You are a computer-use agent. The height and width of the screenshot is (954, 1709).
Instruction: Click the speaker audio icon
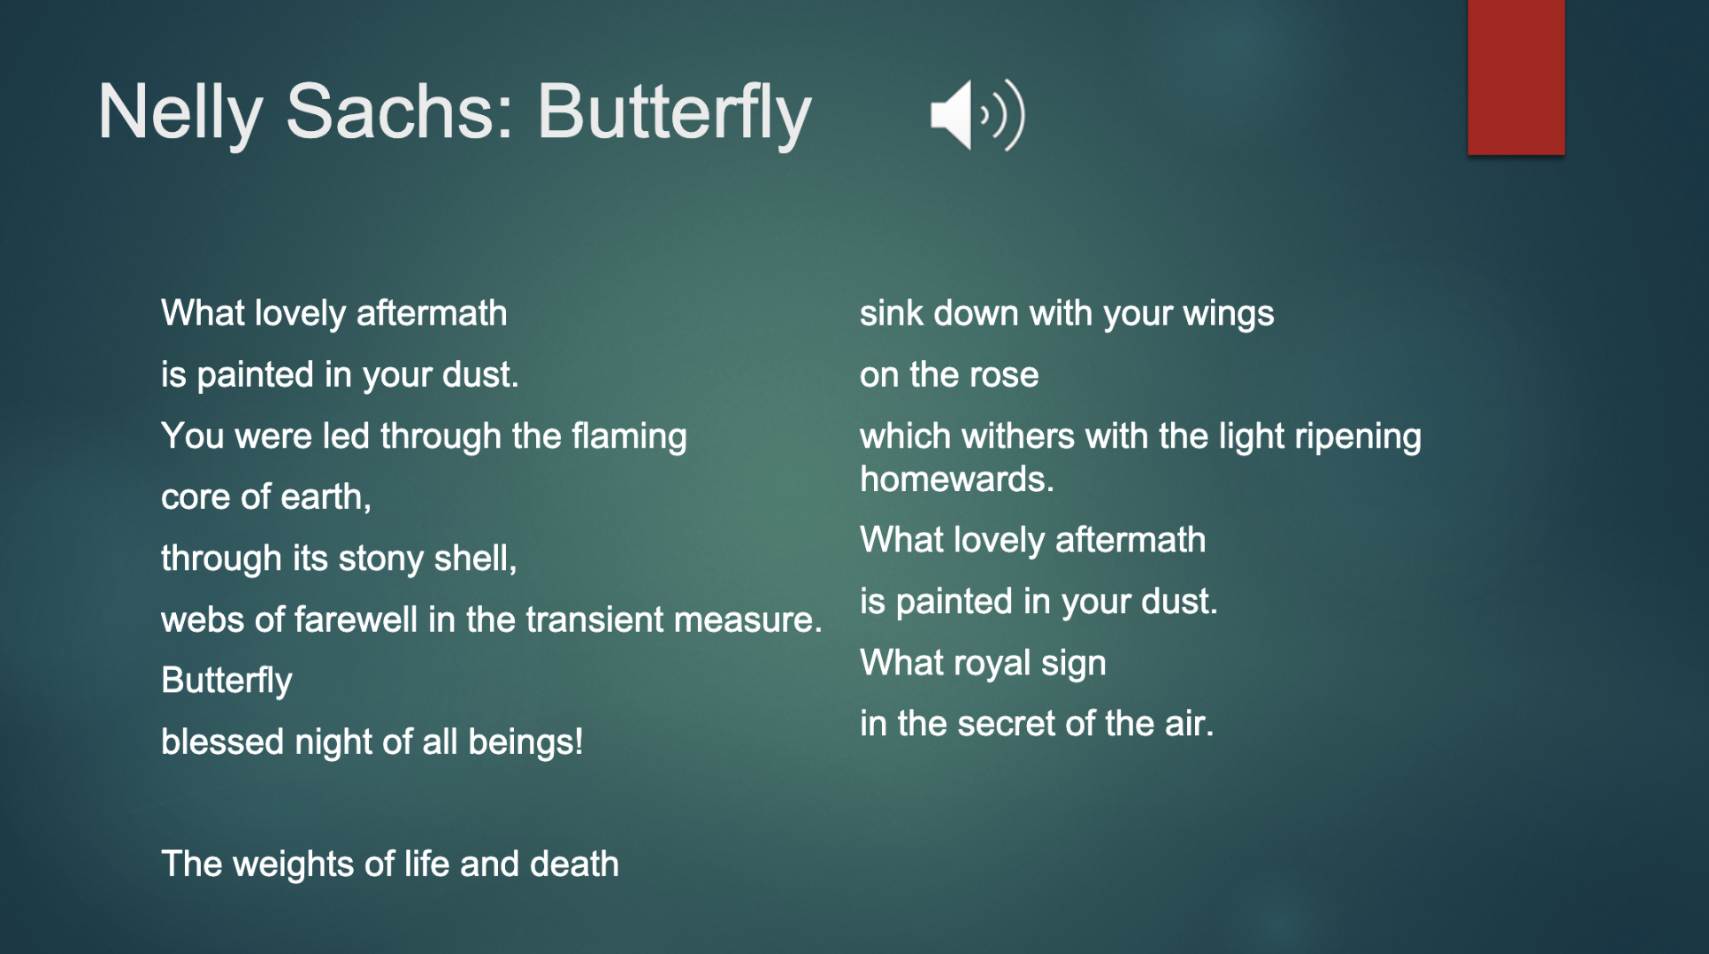(977, 115)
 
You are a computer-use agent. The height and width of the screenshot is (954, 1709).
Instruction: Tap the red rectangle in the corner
(1516, 77)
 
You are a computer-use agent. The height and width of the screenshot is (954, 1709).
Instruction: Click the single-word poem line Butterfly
(226, 681)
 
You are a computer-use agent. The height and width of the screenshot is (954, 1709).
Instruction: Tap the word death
(574, 864)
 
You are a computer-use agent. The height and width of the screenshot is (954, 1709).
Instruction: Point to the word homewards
(957, 479)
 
